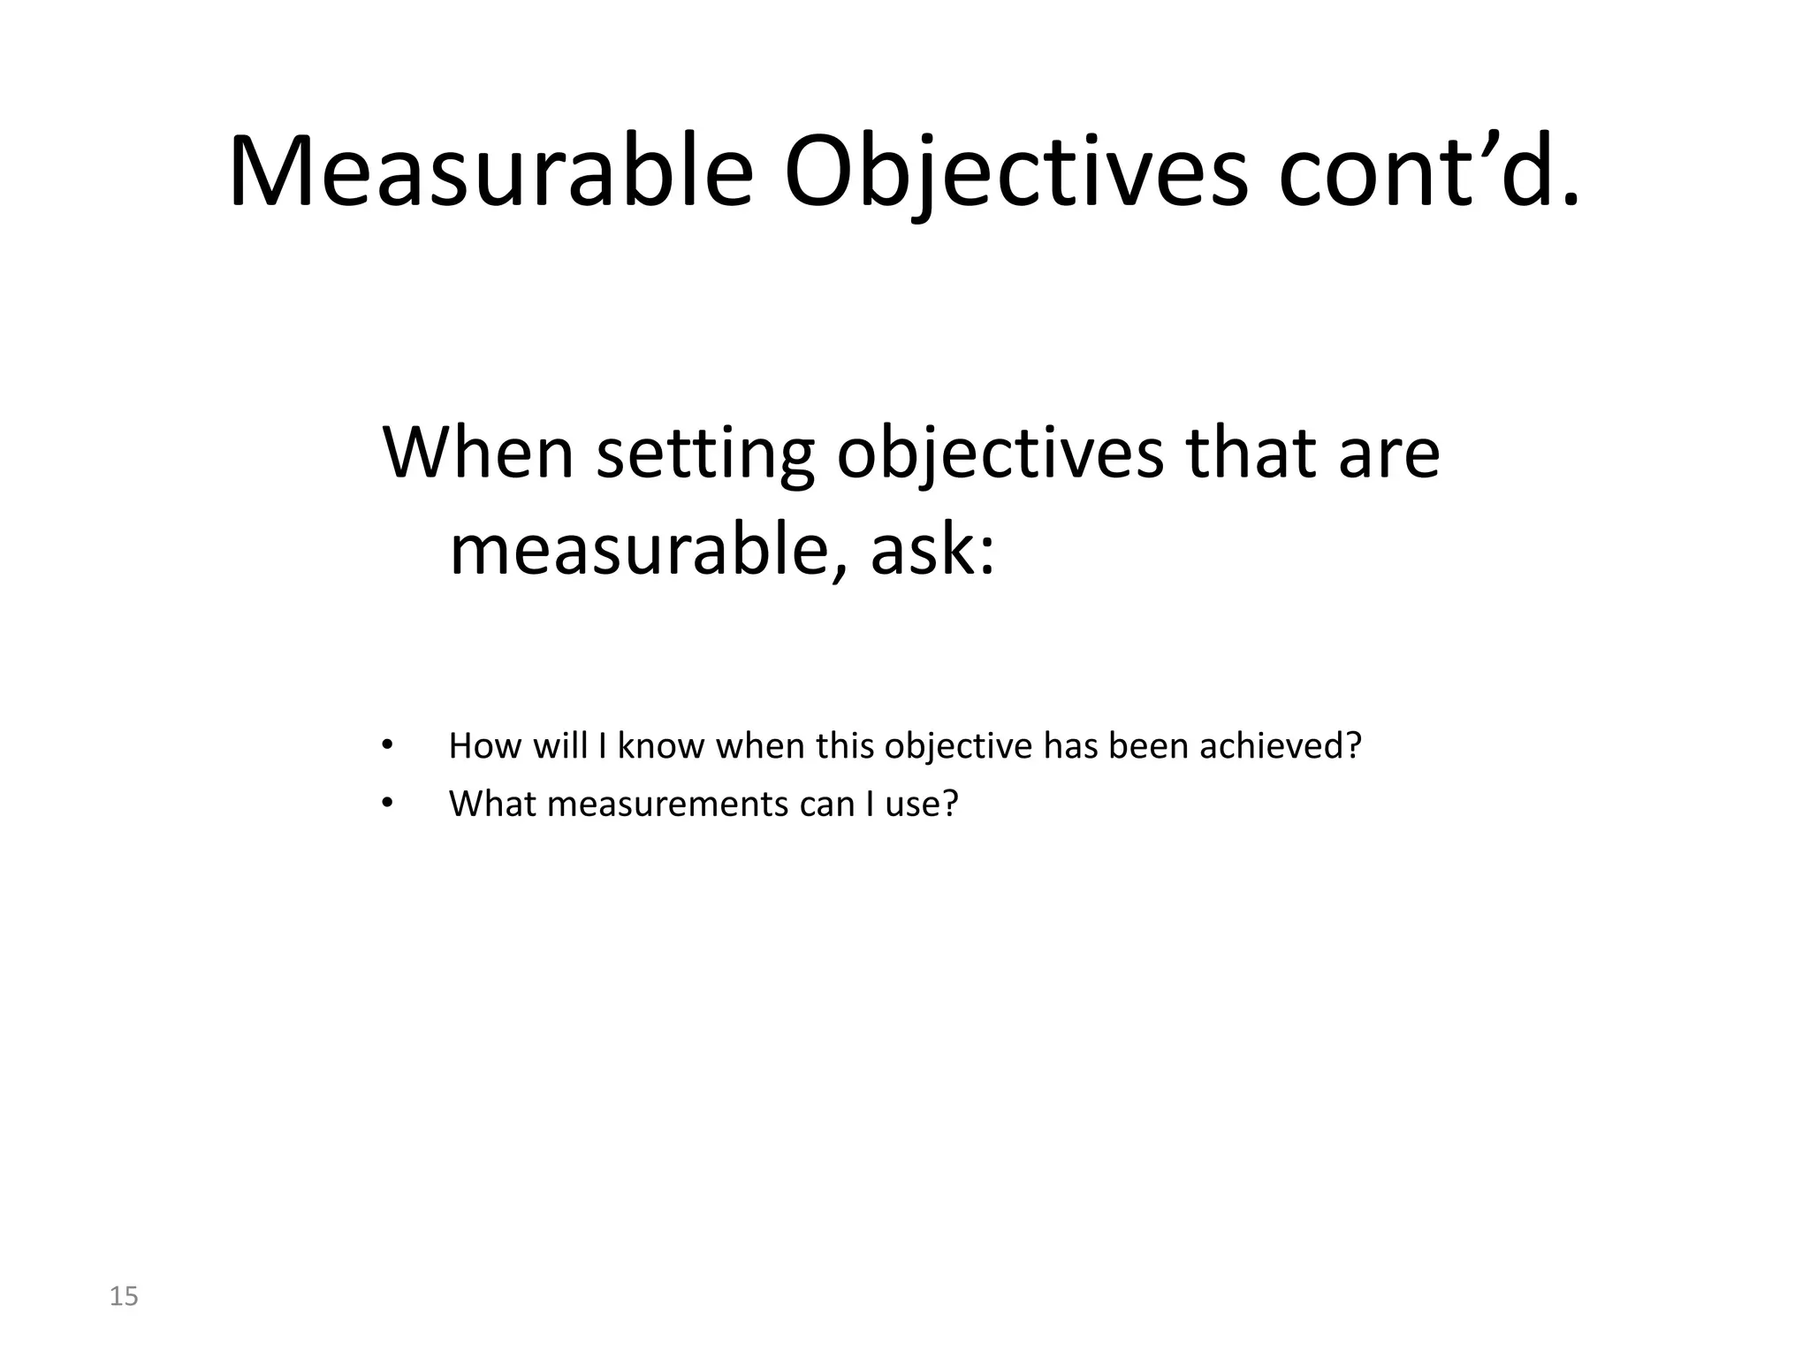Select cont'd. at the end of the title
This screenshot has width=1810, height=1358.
pos(1427,172)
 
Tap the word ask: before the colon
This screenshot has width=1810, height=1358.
pos(932,550)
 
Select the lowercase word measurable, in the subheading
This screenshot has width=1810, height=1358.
pos(650,550)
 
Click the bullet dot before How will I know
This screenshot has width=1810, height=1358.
pos(385,745)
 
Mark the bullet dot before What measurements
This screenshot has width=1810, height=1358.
pos(385,803)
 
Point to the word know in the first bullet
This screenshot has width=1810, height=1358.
pos(661,746)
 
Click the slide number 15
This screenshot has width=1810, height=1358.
pos(124,1297)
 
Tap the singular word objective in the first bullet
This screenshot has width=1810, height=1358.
pos(958,746)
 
